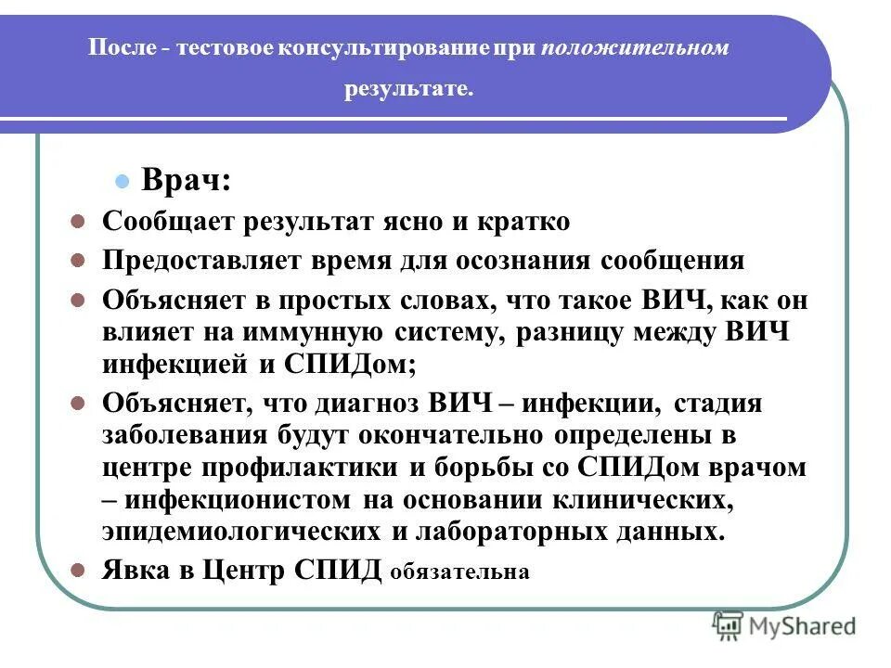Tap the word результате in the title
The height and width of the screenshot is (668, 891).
(x=409, y=90)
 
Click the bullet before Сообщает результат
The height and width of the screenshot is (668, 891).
(x=79, y=223)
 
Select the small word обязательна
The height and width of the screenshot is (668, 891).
(x=460, y=572)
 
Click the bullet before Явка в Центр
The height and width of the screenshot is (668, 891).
(x=79, y=570)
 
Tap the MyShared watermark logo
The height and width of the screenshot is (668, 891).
(x=785, y=625)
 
